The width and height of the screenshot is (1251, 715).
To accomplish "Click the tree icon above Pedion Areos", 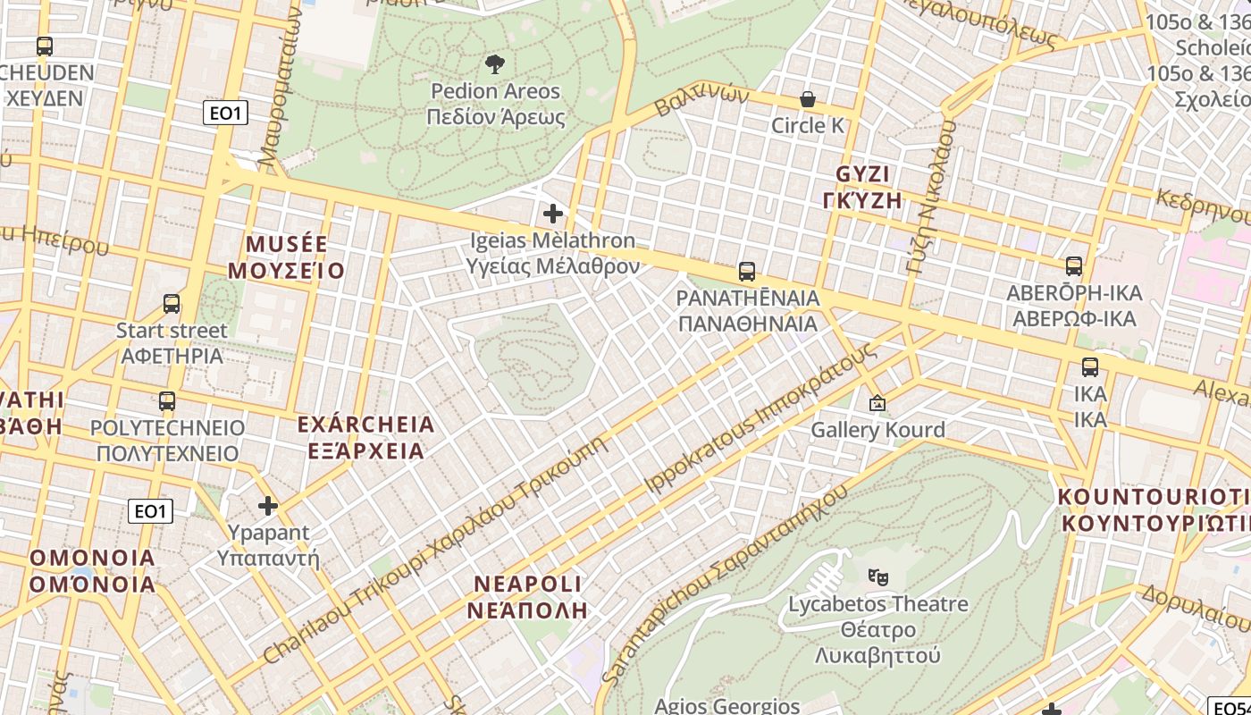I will (494, 63).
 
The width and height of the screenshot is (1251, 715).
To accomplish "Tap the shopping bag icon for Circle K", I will (808, 99).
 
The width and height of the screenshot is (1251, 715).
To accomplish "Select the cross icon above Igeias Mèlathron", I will (553, 214).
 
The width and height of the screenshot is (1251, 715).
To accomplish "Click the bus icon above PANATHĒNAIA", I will (747, 271).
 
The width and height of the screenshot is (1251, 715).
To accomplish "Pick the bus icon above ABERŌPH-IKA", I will (1074, 266).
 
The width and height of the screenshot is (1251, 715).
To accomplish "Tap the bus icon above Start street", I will (172, 304).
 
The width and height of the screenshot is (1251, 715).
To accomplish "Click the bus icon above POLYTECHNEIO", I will (167, 401).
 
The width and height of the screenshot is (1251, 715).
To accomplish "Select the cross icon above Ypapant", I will (268, 507).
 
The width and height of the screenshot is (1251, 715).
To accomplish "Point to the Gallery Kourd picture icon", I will (877, 404).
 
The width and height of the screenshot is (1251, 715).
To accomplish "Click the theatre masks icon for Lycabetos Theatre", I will (877, 577).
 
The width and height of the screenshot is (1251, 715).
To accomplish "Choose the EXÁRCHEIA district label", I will (365, 436).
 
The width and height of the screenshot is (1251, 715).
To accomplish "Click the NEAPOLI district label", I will (527, 597).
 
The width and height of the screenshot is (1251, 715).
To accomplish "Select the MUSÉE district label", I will (286, 257).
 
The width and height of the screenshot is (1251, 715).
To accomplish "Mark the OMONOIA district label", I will (92, 571).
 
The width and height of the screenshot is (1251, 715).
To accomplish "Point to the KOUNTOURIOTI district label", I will (1154, 509).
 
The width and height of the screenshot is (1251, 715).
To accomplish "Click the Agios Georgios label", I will (726, 705).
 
